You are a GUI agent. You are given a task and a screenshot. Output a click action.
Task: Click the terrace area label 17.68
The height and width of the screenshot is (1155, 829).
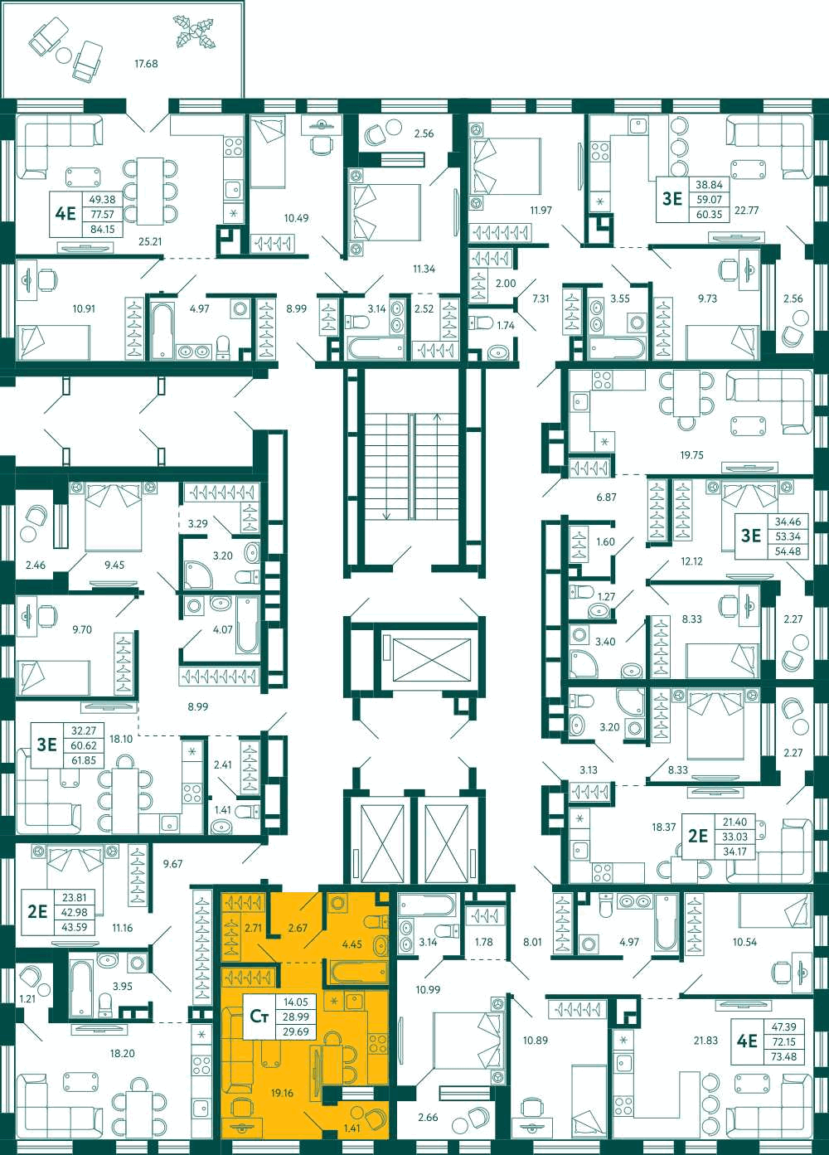[146, 64]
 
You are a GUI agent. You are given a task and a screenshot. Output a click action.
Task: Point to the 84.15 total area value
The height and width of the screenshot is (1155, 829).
[103, 229]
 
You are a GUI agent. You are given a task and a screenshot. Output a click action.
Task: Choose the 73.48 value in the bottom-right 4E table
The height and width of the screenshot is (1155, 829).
[783, 1056]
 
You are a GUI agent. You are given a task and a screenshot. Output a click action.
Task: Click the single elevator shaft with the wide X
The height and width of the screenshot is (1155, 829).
[432, 661]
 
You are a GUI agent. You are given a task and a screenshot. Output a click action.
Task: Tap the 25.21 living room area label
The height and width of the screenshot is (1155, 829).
[150, 240]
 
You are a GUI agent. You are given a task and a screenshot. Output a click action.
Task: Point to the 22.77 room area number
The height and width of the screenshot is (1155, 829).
[746, 211]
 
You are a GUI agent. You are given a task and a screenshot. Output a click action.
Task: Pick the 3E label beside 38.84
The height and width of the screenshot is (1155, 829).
[672, 198]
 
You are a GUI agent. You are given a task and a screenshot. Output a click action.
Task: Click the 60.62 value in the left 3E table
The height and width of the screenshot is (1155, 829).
[84, 745]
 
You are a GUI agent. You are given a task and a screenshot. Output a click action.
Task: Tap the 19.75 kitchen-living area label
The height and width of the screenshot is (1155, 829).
[691, 454]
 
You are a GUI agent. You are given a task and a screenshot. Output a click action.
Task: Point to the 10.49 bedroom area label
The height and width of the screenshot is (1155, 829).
[297, 218]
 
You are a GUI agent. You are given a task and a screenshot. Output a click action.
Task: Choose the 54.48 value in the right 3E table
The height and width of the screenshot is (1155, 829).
[788, 551]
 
